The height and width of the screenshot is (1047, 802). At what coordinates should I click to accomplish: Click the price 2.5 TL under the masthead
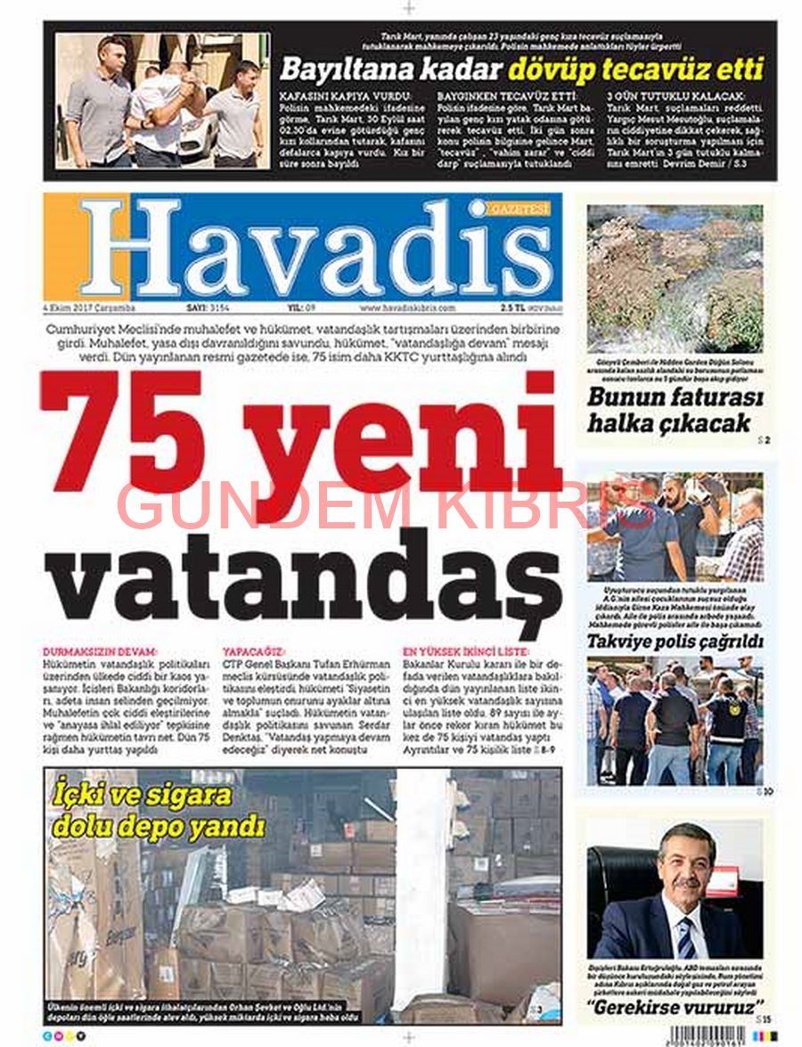tap(511, 308)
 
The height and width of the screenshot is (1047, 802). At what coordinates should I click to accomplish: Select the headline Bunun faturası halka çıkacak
tap(675, 410)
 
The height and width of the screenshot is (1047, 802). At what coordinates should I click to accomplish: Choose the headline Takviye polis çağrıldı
tap(675, 642)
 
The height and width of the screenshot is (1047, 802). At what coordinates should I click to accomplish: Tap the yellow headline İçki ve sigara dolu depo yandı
tap(159, 810)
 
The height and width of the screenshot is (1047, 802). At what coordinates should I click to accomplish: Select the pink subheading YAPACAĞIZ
tap(254, 652)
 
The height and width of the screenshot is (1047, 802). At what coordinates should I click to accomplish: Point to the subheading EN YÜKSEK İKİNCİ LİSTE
tap(462, 652)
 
